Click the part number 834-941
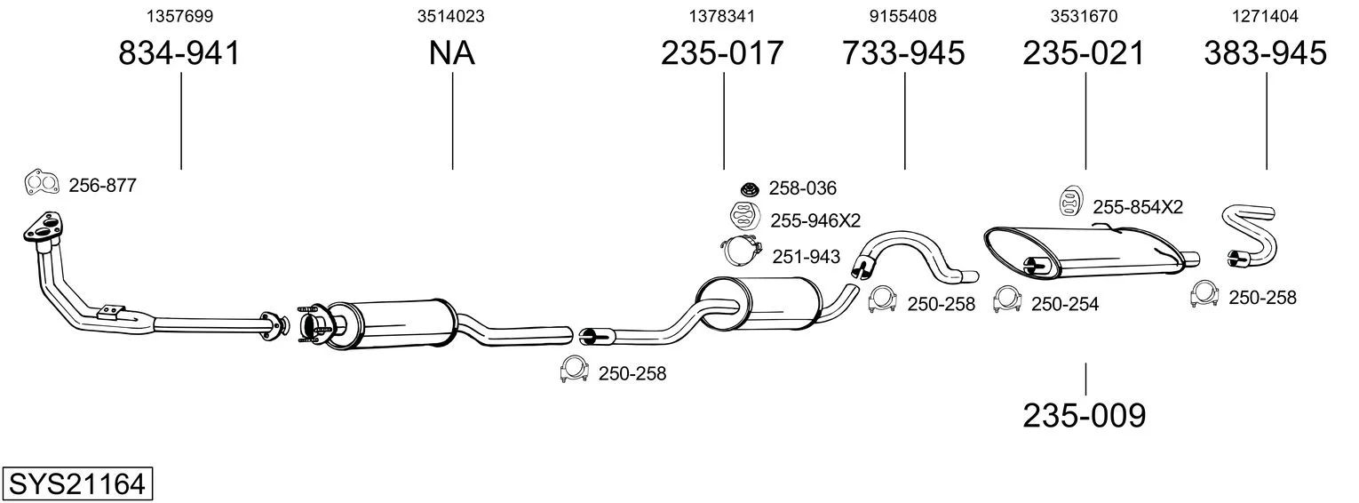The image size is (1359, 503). (180, 54)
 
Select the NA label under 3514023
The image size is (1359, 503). (451, 54)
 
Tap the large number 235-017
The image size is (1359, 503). (722, 54)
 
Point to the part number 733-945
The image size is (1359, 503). (903, 54)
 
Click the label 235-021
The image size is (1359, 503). (1084, 54)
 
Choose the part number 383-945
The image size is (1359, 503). (1265, 54)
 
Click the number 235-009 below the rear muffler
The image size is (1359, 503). (1085, 415)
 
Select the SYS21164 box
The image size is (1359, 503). (76, 484)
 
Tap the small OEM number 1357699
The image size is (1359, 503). (180, 16)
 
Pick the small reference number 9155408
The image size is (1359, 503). (903, 16)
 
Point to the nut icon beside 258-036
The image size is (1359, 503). (749, 188)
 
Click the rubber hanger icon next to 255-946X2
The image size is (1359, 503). (743, 216)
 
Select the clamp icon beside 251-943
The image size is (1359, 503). (739, 252)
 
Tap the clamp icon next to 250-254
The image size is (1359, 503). (1006, 300)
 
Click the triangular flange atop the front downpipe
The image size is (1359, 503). (41, 228)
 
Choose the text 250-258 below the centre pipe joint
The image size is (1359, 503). (632, 374)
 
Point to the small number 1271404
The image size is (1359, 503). (1265, 16)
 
